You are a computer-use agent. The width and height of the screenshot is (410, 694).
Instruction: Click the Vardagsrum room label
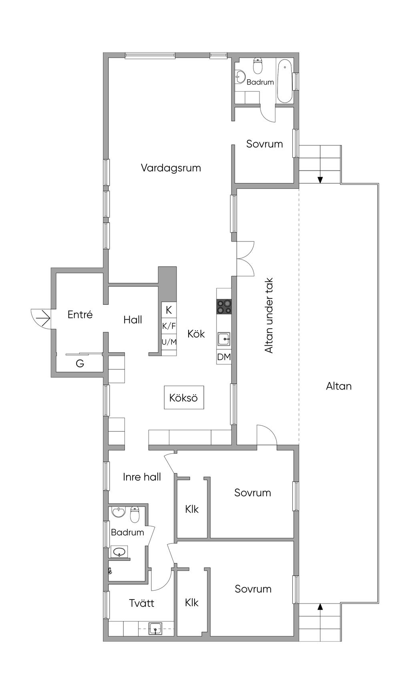pyautogui.click(x=171, y=168)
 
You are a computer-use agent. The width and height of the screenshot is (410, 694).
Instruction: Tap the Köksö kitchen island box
pyautogui.click(x=184, y=397)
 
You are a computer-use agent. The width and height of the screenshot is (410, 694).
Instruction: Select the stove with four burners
pyautogui.click(x=224, y=307)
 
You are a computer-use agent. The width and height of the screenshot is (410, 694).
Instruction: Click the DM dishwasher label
pyautogui.click(x=224, y=356)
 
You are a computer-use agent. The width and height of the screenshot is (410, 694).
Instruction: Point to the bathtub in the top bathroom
pyautogui.click(x=285, y=81)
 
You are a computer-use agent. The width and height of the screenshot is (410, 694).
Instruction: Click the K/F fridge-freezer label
pyautogui.click(x=169, y=326)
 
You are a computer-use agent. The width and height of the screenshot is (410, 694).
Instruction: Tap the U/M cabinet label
pyautogui.click(x=169, y=342)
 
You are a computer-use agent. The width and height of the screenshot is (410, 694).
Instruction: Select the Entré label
pyautogui.click(x=80, y=315)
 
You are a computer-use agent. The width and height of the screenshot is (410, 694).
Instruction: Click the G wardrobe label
pyautogui.click(x=80, y=364)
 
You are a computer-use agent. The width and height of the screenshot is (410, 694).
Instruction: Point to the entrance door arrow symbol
pyautogui.click(x=41, y=319)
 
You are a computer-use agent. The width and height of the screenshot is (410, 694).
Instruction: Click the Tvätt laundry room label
pyautogui.click(x=142, y=603)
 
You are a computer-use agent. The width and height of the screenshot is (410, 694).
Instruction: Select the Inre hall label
pyautogui.click(x=142, y=477)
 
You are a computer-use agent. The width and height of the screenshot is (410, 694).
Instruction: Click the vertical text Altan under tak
pyautogui.click(x=269, y=316)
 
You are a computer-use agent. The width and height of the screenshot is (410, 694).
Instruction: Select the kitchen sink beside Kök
pyautogui.click(x=224, y=339)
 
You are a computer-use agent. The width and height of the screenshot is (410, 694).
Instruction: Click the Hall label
pyautogui.click(x=133, y=320)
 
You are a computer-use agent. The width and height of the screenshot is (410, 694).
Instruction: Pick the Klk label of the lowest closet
pyautogui.click(x=192, y=603)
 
